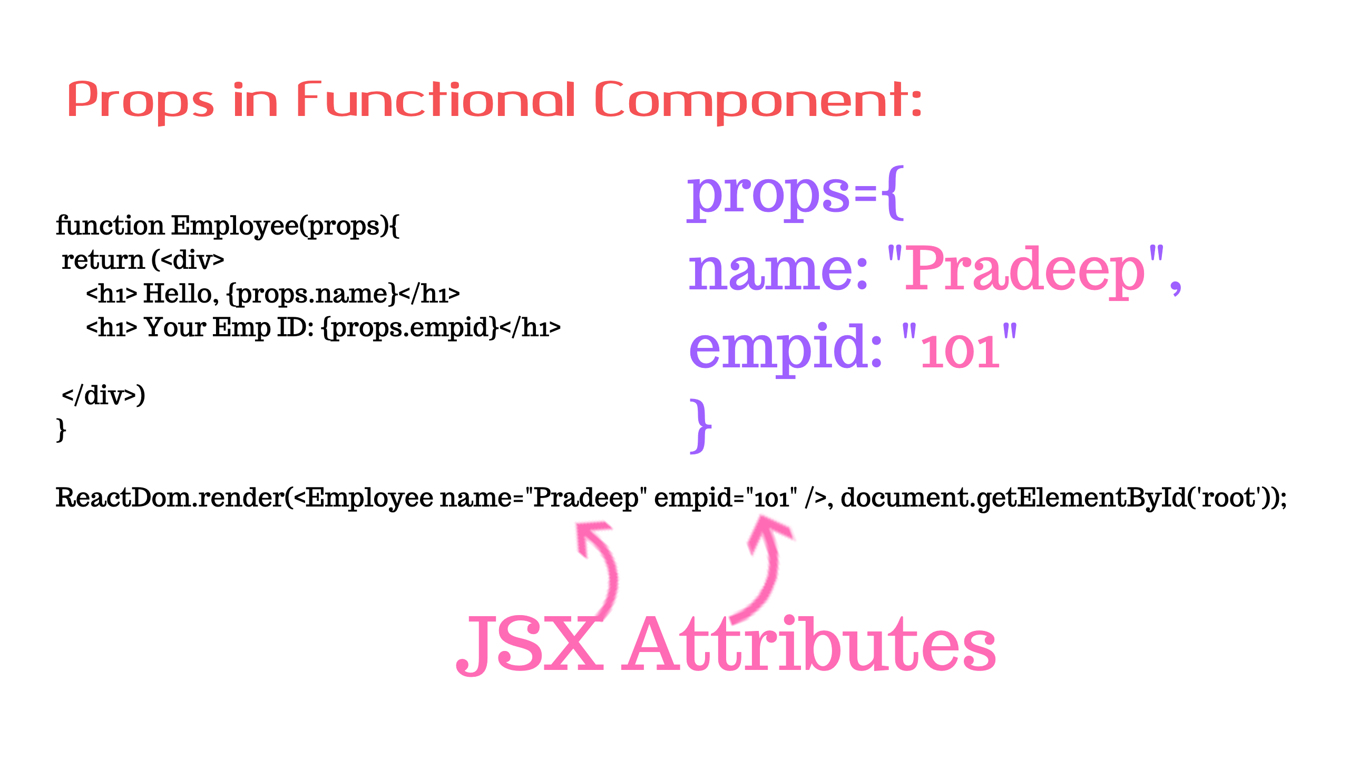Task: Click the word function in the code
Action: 110,226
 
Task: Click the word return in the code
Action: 103,260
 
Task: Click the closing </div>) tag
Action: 103,395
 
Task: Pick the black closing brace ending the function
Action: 61,430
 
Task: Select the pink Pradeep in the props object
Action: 1025,269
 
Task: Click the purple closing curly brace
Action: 701,426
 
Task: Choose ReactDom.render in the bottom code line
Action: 170,498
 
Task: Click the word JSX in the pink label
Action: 530,645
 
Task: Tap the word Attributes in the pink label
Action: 809,644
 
